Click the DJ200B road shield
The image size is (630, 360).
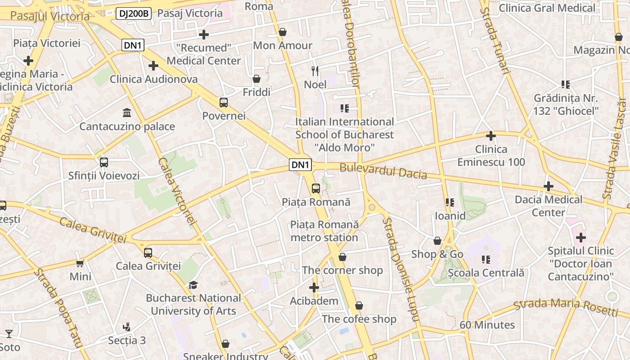[133, 13]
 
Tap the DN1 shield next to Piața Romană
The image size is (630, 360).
[300, 165]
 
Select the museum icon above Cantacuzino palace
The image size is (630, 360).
[127, 112]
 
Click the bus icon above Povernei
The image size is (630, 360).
[224, 102]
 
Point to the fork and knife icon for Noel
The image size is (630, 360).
[315, 71]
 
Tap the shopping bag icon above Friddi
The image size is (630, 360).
[256, 79]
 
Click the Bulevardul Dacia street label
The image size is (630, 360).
[383, 171]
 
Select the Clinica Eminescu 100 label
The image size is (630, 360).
[491, 156]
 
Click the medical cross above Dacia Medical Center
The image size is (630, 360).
[548, 186]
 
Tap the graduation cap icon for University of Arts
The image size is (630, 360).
[193, 285]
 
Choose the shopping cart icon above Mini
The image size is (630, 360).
[80, 263]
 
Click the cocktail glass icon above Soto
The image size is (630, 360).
[9, 334]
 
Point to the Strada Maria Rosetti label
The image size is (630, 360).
[566, 306]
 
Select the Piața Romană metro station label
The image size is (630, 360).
[324, 231]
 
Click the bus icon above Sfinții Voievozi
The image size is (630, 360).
[104, 162]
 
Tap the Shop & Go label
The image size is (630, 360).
[437, 254]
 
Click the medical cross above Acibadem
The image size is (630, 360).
[314, 288]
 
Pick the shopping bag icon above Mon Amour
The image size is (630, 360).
[283, 32]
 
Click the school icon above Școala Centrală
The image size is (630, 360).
[486, 259]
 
